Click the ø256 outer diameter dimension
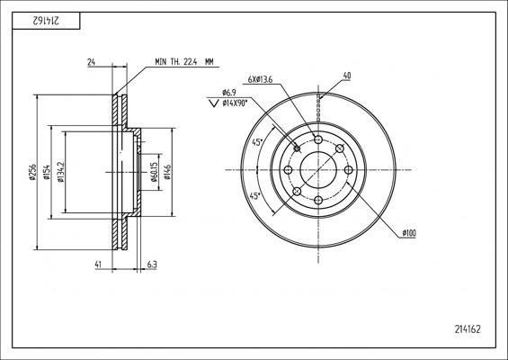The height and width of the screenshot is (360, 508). tap(31, 172)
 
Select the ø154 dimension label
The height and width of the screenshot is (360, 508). tap(48, 172)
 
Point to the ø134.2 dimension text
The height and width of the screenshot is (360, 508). tap(61, 172)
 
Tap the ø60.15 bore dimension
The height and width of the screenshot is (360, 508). tap(155, 172)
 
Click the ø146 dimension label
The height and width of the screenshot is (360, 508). tap(167, 172)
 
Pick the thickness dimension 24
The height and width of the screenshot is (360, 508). tap(92, 62)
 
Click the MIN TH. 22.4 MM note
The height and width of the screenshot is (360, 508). tap(184, 61)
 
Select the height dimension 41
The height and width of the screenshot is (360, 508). tap(98, 265)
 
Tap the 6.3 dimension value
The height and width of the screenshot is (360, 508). tap(152, 265)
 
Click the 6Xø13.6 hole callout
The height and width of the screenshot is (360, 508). tap(260, 79)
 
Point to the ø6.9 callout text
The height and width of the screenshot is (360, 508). tap(229, 93)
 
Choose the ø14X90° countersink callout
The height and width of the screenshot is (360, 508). tap(235, 103)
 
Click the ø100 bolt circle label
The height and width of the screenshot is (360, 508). tap(409, 233)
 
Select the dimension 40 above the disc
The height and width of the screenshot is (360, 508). tap(347, 76)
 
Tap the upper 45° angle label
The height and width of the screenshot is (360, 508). tap(257, 142)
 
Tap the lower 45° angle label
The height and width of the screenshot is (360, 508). tap(254, 195)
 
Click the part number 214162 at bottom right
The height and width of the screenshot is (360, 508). tap(468, 329)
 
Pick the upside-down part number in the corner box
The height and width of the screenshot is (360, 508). tap(46, 21)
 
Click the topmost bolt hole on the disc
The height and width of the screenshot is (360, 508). tap(318, 139)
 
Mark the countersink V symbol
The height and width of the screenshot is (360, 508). tap(213, 103)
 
